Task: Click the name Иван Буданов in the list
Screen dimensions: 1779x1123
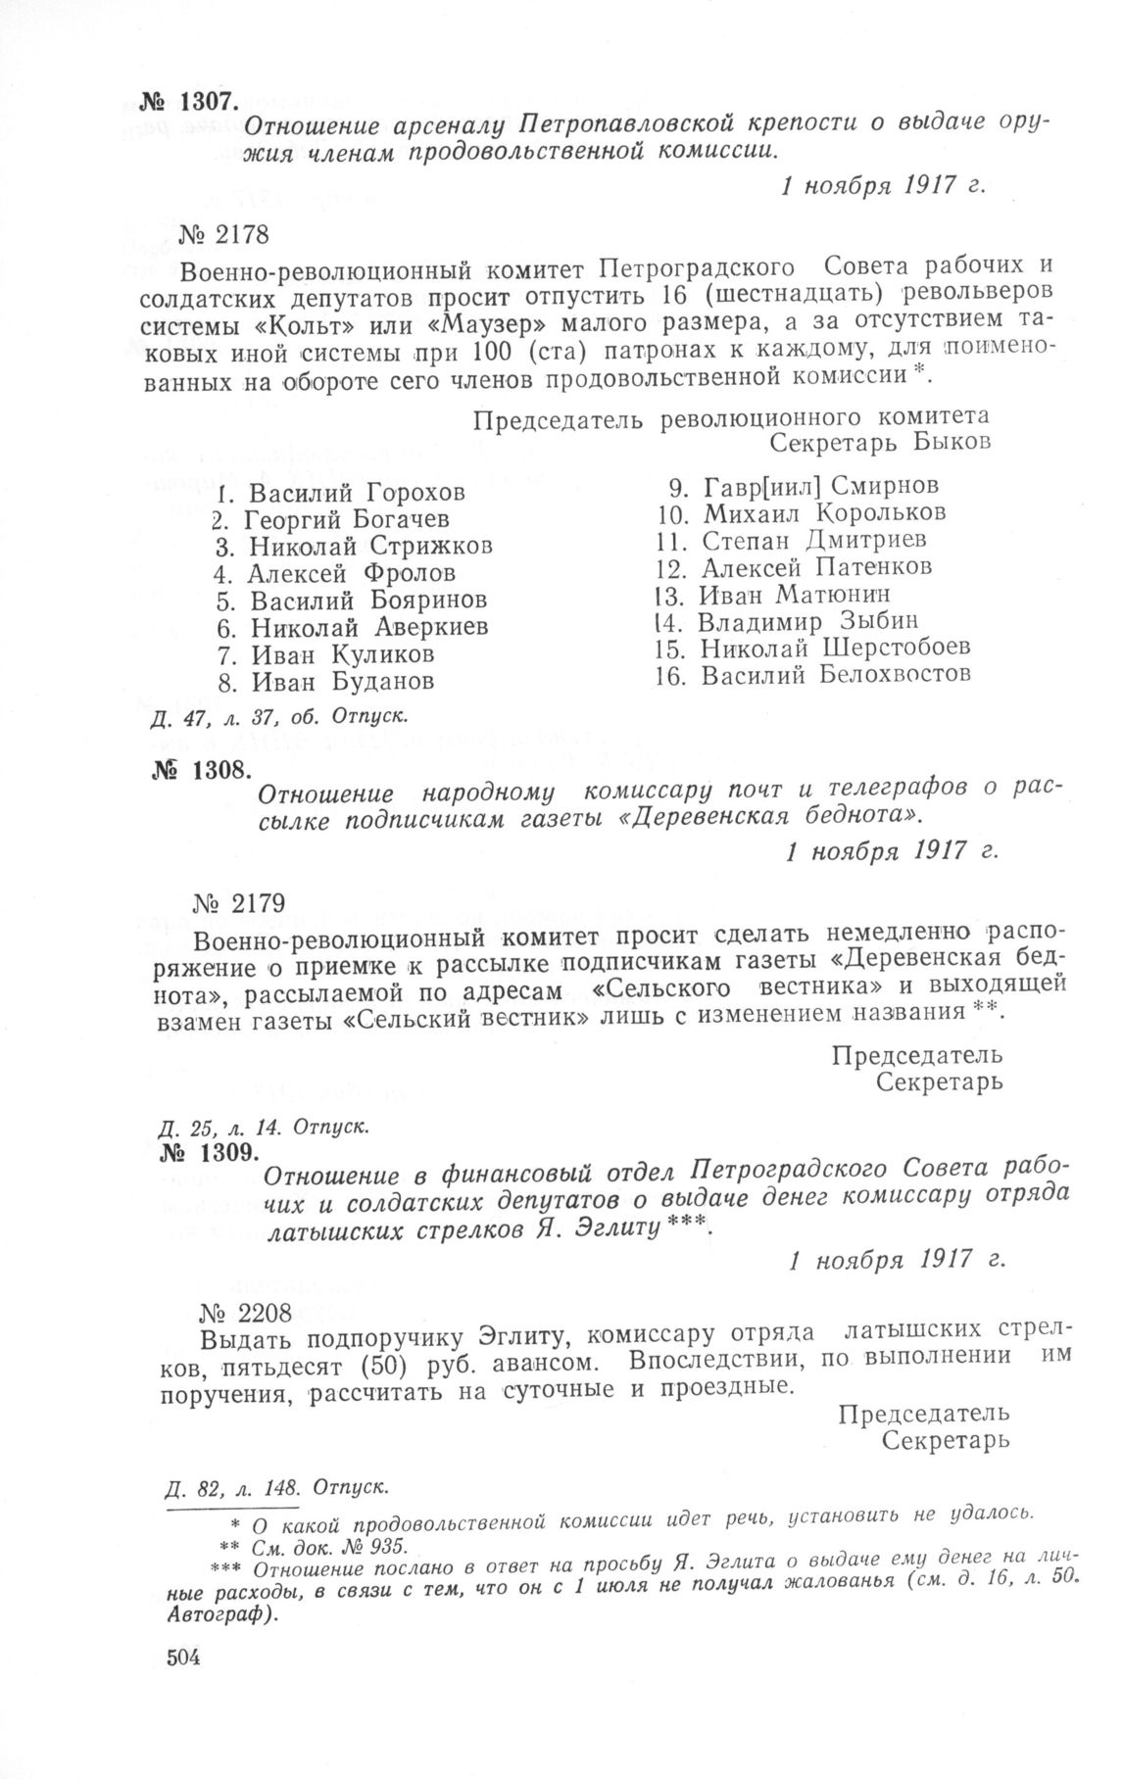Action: click(343, 680)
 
